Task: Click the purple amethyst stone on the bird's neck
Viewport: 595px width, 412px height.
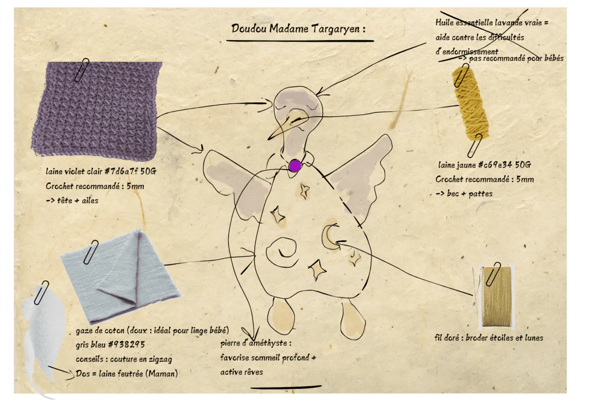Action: [x=295, y=166]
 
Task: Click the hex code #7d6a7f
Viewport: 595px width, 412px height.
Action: [x=121, y=171]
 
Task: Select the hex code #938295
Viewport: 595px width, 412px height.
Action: [x=127, y=345]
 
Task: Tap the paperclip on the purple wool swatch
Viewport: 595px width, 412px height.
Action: [x=82, y=70]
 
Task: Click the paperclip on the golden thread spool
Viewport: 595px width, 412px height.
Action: [x=493, y=274]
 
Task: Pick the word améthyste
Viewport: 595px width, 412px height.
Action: [x=268, y=343]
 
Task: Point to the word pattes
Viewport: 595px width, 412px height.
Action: [x=480, y=194]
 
